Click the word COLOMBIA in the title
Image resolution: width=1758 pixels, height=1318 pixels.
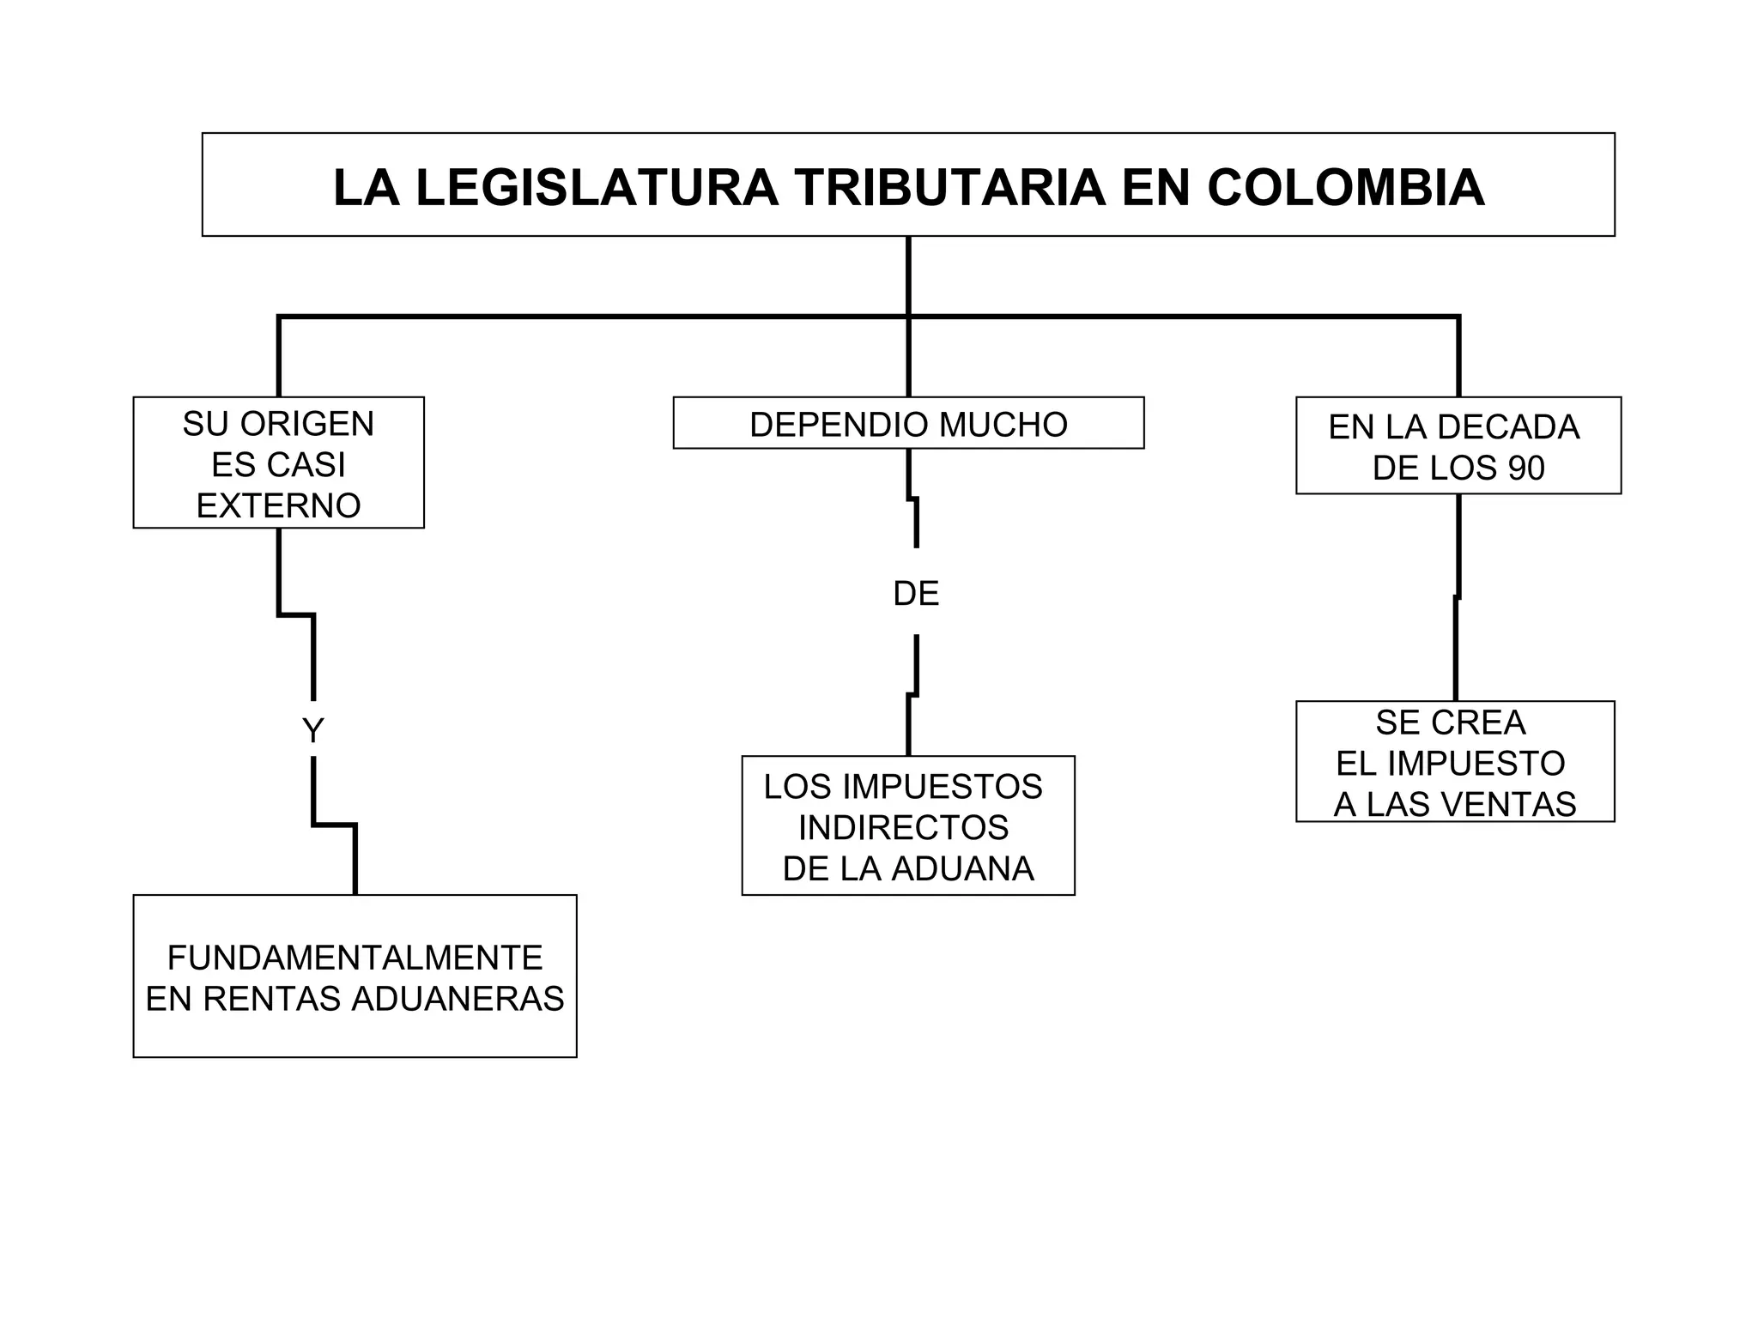tap(1345, 188)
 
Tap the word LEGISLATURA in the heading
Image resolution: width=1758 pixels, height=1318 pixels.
tap(597, 188)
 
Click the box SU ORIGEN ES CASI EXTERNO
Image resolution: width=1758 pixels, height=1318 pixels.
tap(278, 463)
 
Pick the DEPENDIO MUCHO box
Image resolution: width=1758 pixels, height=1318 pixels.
tap(908, 423)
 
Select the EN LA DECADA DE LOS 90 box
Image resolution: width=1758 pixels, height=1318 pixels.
tap(1458, 446)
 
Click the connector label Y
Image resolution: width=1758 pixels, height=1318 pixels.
tap(312, 731)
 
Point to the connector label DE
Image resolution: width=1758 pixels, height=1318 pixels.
tap(916, 593)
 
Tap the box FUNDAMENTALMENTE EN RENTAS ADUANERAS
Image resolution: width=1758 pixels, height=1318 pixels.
tap(355, 976)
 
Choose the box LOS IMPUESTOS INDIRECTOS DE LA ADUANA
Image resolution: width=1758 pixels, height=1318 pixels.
tap(907, 826)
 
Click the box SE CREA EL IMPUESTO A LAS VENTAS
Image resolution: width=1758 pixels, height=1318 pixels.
tap(1454, 762)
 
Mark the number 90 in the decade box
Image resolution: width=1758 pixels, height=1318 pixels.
tap(1525, 469)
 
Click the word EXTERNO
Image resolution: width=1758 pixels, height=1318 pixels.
tap(278, 505)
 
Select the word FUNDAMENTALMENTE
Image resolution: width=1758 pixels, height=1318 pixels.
tap(355, 958)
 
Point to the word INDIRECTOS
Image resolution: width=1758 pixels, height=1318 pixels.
tap(903, 827)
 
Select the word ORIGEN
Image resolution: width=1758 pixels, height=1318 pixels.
tap(307, 424)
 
